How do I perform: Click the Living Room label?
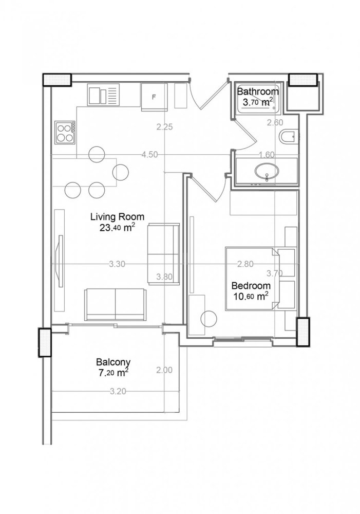pyautogui.click(x=118, y=216)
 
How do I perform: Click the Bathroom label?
pyautogui.click(x=258, y=91)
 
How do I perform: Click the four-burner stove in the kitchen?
pyautogui.click(x=65, y=133)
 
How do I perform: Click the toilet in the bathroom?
pyautogui.click(x=288, y=137)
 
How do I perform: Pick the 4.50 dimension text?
pyautogui.click(x=149, y=154)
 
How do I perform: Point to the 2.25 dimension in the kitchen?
pyautogui.click(x=164, y=127)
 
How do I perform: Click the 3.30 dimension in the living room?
pyautogui.click(x=118, y=264)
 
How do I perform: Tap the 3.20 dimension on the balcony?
pyautogui.click(x=118, y=391)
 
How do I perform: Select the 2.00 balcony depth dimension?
pyautogui.click(x=164, y=370)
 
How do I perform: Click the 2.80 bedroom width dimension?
pyautogui.click(x=245, y=264)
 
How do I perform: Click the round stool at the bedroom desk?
pyautogui.click(x=209, y=319)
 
